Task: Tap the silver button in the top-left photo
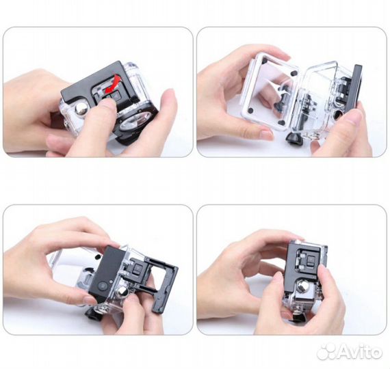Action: pyautogui.click(x=82, y=109)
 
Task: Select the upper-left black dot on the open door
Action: pyautogui.click(x=265, y=61)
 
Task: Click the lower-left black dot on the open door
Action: pyautogui.click(x=250, y=110)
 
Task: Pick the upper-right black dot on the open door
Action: pyautogui.click(x=294, y=73)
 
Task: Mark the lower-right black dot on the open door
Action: pyautogui.click(x=282, y=122)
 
